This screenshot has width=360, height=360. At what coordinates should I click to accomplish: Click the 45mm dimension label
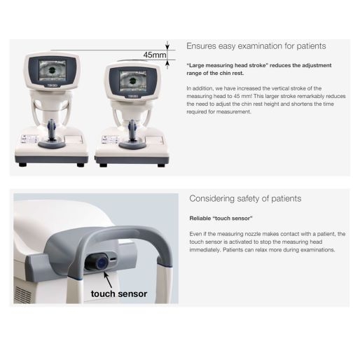(x=155, y=55)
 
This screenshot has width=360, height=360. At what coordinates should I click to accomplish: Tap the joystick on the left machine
(x=52, y=130)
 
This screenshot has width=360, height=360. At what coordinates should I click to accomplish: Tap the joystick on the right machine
(x=132, y=130)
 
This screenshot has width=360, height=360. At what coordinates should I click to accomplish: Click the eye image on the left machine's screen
(x=53, y=70)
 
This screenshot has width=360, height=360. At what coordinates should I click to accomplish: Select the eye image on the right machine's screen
(x=133, y=81)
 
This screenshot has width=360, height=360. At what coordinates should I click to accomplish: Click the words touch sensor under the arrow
(x=119, y=293)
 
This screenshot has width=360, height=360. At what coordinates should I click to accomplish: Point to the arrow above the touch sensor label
(x=108, y=279)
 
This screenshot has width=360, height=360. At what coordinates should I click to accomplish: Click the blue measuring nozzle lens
(x=101, y=263)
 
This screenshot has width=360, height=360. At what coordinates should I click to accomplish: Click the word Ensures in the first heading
(x=201, y=46)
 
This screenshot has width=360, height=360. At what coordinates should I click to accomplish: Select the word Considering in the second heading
(x=212, y=199)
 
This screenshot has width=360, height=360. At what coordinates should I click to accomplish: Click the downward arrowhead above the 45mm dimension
(x=167, y=47)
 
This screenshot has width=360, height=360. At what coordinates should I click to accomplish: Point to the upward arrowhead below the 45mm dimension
(x=167, y=63)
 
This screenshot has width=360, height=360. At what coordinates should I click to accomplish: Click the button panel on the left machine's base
(x=29, y=139)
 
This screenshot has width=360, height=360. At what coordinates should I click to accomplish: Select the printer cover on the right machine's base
(x=154, y=141)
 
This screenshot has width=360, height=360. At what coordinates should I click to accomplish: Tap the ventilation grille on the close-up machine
(x=23, y=294)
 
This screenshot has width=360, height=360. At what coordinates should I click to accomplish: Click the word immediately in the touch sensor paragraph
(x=205, y=250)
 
